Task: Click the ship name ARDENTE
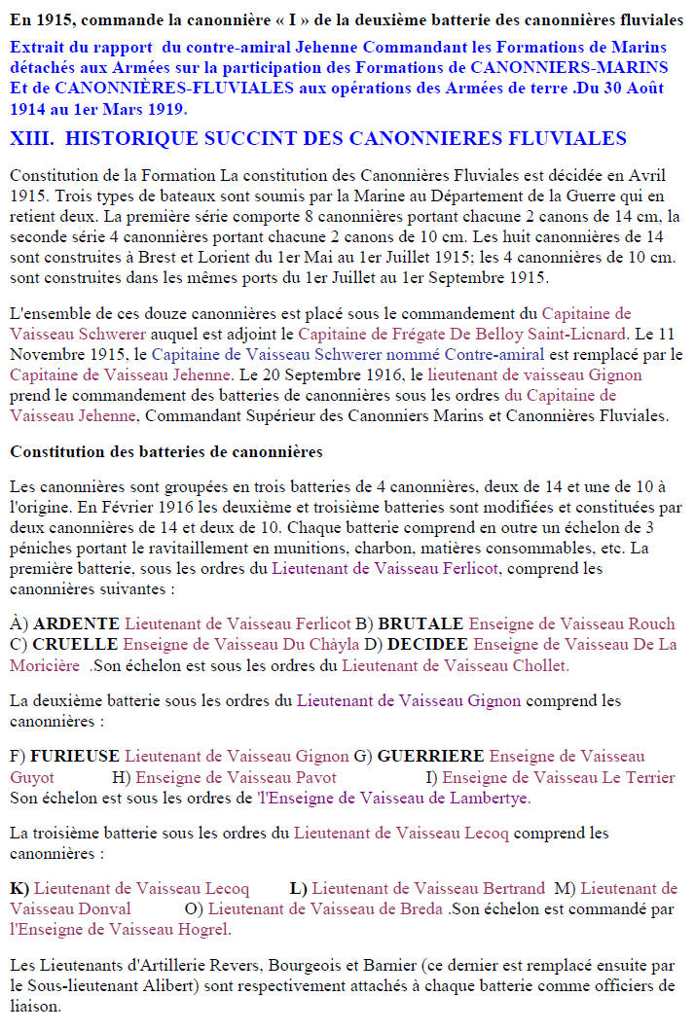(76, 623)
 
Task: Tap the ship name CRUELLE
(76, 644)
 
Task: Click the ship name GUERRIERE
(430, 756)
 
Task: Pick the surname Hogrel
(202, 929)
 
